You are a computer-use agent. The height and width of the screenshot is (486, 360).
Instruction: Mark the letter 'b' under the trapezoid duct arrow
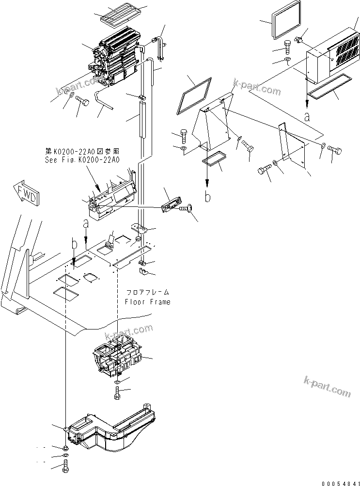(x=207, y=197)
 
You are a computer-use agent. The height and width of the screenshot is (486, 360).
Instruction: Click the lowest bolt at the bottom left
(x=66, y=468)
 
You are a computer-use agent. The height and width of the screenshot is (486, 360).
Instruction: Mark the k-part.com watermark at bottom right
(x=327, y=386)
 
